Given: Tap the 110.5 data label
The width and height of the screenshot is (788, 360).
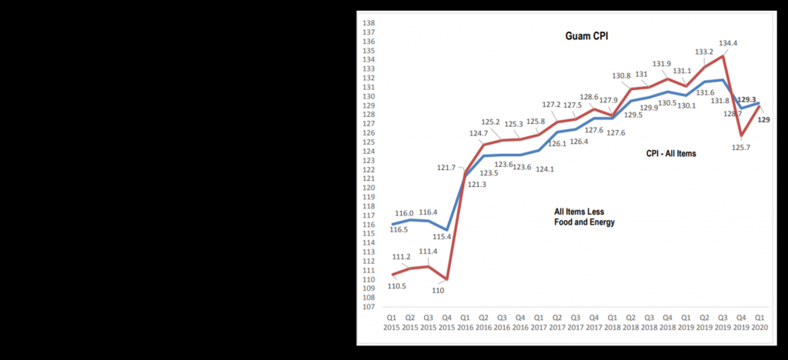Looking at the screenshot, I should click(397, 286).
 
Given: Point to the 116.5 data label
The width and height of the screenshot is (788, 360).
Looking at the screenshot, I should click(398, 230).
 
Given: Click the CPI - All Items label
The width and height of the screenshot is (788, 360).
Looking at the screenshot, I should click(671, 154).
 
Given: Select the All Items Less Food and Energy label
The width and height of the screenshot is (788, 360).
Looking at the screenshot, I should click(585, 216).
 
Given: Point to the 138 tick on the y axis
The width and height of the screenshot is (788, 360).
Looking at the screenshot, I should click(369, 23).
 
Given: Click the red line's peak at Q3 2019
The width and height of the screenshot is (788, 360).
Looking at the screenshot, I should click(723, 55).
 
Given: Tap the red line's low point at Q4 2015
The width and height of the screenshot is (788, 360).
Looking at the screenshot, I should click(446, 278).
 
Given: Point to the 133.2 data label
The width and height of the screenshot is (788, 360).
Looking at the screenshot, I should click(705, 52).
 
